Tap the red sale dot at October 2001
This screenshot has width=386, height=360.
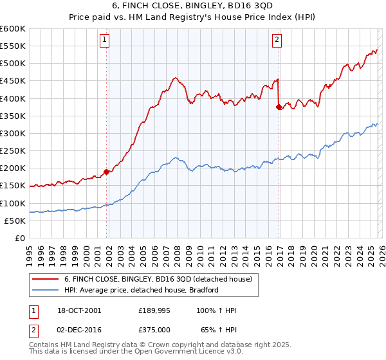tap(107, 172)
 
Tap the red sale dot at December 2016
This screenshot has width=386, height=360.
tap(279, 107)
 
